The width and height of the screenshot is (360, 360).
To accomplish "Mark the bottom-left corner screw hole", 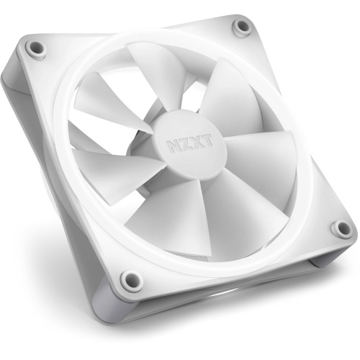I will point(129,280).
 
